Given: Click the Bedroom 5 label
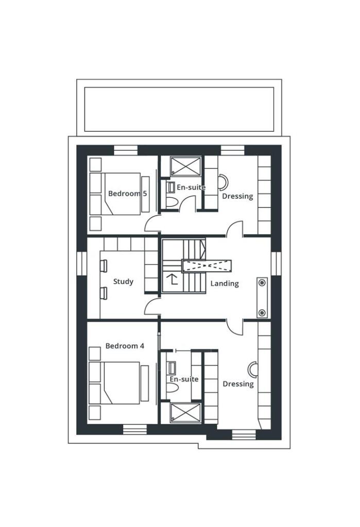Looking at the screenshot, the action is [x=128, y=194].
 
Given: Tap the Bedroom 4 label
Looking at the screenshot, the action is [x=125, y=346].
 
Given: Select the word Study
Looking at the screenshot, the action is [x=123, y=282].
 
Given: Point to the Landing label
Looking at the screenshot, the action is [x=225, y=284].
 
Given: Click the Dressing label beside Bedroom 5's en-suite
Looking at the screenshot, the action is [x=237, y=196].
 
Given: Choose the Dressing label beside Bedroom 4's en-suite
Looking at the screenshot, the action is [x=238, y=384].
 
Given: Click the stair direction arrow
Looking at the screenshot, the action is [x=173, y=279].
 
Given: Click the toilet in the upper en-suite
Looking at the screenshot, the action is [x=172, y=202].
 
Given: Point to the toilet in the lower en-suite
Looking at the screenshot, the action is [x=172, y=388].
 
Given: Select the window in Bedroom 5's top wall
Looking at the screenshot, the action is [x=126, y=150].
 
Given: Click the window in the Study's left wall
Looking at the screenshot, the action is [x=82, y=263].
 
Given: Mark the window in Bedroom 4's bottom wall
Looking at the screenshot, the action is [x=134, y=429].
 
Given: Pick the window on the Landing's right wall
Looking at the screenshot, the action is [x=276, y=263].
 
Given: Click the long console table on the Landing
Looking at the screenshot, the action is [x=262, y=297].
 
